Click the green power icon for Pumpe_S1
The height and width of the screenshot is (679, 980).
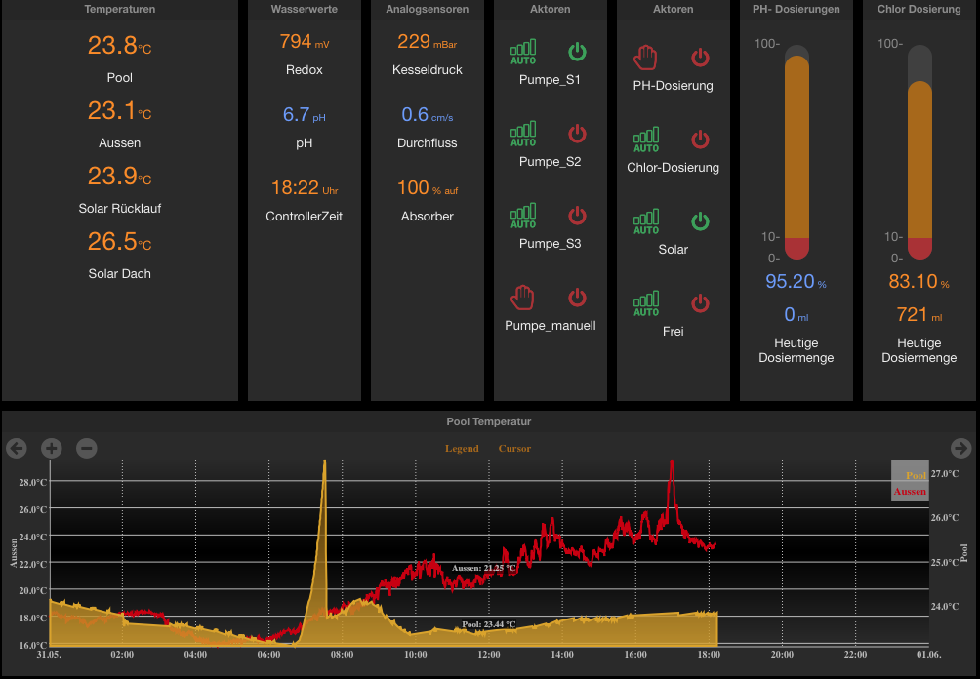(577, 52)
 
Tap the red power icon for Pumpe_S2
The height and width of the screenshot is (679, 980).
(577, 133)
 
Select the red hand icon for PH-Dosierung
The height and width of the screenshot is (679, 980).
(645, 58)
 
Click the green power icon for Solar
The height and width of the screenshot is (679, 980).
(700, 221)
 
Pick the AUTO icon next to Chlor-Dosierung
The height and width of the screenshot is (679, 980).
(646, 140)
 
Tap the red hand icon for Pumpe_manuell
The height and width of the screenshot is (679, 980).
(522, 298)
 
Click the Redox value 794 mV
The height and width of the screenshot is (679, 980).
(304, 42)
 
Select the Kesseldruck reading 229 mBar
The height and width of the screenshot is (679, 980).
(427, 42)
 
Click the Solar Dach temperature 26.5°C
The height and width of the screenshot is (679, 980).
(119, 241)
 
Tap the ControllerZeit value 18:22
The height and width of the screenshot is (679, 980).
(304, 188)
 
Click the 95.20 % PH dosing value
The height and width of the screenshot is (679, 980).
(796, 282)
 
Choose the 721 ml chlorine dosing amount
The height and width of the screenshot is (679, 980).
(919, 315)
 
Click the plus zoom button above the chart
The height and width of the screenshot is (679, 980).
(52, 448)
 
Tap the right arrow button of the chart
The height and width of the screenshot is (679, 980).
(960, 448)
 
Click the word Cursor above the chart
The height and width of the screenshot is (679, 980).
(514, 449)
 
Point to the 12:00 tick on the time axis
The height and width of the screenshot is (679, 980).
(489, 655)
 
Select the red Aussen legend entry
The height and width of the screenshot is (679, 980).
(910, 492)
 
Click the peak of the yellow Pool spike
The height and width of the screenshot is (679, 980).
(324, 461)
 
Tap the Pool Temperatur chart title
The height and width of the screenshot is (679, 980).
(489, 421)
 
